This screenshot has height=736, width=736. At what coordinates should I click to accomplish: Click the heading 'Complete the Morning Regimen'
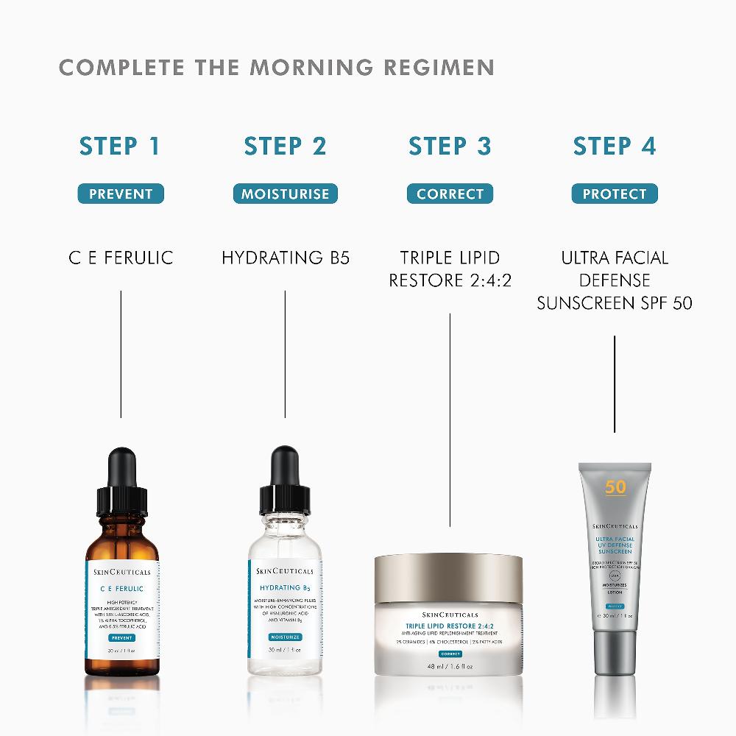pyautogui.click(x=276, y=67)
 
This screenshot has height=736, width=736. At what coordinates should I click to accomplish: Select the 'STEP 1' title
pyautogui.click(x=120, y=146)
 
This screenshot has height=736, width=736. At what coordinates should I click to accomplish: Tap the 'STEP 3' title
pyautogui.click(x=450, y=146)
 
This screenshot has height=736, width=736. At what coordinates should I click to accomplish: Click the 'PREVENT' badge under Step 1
pyautogui.click(x=121, y=194)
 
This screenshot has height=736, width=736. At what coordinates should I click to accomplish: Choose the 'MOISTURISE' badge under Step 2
pyautogui.click(x=286, y=194)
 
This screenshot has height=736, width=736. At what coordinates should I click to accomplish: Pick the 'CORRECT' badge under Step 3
pyautogui.click(x=450, y=194)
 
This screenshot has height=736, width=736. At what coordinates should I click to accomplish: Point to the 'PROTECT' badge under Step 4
pyautogui.click(x=615, y=194)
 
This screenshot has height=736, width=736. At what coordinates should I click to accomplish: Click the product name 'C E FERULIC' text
pyautogui.click(x=121, y=258)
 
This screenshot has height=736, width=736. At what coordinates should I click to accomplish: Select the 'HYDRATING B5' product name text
pyautogui.click(x=286, y=258)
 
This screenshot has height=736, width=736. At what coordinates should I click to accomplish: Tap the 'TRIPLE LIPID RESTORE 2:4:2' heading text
pyautogui.click(x=450, y=269)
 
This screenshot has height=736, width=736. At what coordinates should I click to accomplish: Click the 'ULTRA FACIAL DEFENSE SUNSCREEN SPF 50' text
pyautogui.click(x=615, y=280)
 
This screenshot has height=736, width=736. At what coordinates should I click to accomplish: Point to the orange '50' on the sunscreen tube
pyautogui.click(x=615, y=487)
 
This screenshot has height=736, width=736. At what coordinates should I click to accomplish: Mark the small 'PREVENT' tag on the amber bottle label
pyautogui.click(x=121, y=637)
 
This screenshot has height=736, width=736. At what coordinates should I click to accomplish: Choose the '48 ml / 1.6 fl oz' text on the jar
pyautogui.click(x=449, y=667)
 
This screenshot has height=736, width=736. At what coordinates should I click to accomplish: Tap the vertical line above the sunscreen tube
pyautogui.click(x=615, y=383)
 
